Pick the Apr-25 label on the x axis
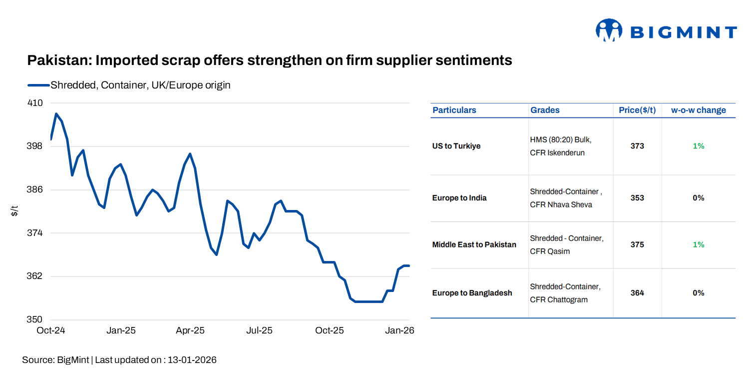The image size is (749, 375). pos(190,330)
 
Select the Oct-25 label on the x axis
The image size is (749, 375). pos(330,330)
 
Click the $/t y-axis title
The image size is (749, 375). pos(14,211)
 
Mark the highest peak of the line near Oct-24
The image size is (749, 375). pos(56,114)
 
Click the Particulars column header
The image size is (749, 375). pos(454,110)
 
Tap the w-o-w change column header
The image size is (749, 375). pos(698,110)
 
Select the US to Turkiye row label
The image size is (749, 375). pos(456,146)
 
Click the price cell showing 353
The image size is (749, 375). pos(637,198)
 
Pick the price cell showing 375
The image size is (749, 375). pos(637,244)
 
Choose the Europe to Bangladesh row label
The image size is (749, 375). pos(472,293)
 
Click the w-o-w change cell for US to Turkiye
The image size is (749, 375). pos(698,146)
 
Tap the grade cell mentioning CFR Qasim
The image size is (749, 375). pos(566,244)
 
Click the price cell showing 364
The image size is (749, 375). pos(637,293)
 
